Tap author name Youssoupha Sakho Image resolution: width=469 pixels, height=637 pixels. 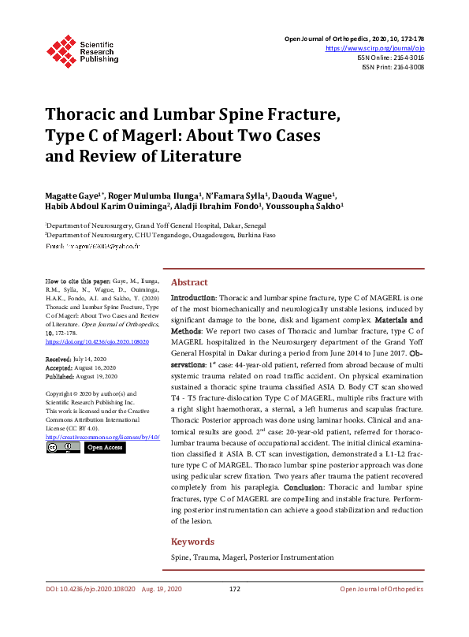[x=307, y=207]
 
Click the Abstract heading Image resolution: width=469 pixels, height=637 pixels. [x=190, y=282]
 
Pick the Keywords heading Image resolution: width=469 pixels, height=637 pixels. [x=193, y=542]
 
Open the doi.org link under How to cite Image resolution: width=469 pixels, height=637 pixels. [x=97, y=342]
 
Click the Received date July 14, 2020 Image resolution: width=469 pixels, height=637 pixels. [x=89, y=358]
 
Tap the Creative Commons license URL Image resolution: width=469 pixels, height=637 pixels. [x=102, y=437]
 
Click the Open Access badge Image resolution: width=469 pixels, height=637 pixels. [x=104, y=448]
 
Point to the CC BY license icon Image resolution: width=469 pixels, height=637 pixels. [x=61, y=448]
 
